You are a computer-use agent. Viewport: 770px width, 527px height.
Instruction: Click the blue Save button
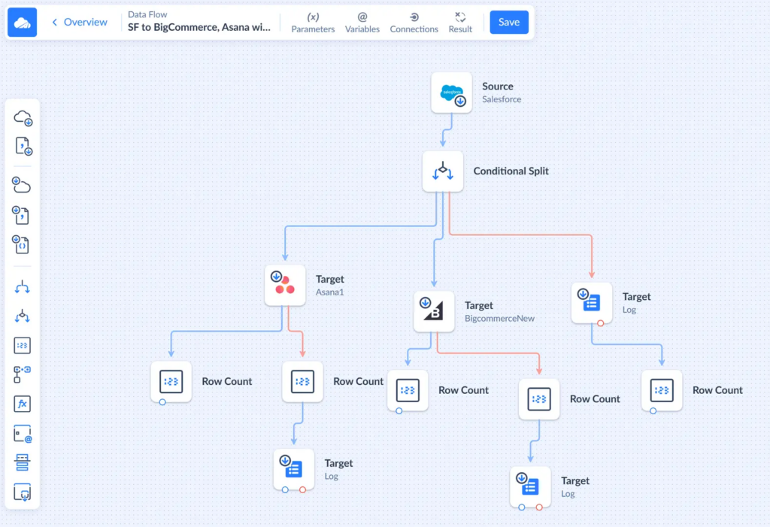coord(509,23)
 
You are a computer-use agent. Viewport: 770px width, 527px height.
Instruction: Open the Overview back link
coord(80,23)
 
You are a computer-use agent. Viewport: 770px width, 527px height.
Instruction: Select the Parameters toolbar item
coord(313,23)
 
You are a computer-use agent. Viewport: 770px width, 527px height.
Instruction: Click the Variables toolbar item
coord(362,23)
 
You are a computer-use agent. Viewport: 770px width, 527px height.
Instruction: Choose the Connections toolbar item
coord(414,23)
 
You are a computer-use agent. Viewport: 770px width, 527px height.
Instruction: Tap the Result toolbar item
coord(460,23)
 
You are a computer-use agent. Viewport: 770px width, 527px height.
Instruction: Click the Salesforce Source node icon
coord(452,92)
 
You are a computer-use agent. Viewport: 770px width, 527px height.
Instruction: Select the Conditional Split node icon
coord(443,171)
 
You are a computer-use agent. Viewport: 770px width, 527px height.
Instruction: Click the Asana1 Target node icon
coord(285,285)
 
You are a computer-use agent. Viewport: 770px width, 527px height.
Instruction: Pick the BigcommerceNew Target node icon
coord(434,311)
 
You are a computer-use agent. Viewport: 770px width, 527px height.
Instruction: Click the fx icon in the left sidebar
coord(23,404)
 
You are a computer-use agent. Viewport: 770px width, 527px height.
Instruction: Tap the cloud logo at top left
coord(23,23)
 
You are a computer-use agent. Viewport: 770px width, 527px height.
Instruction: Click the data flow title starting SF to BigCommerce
coord(199,28)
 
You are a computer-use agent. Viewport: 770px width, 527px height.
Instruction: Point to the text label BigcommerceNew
coord(499,319)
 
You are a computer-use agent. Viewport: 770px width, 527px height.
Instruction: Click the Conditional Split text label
coord(511,171)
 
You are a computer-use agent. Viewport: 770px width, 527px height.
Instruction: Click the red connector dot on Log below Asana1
coord(302,489)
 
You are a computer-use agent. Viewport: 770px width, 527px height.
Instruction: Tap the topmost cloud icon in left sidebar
coord(23,117)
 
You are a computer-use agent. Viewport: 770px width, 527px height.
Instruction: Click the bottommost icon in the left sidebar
coord(23,493)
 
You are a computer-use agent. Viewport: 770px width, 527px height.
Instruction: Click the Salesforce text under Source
coord(502,99)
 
